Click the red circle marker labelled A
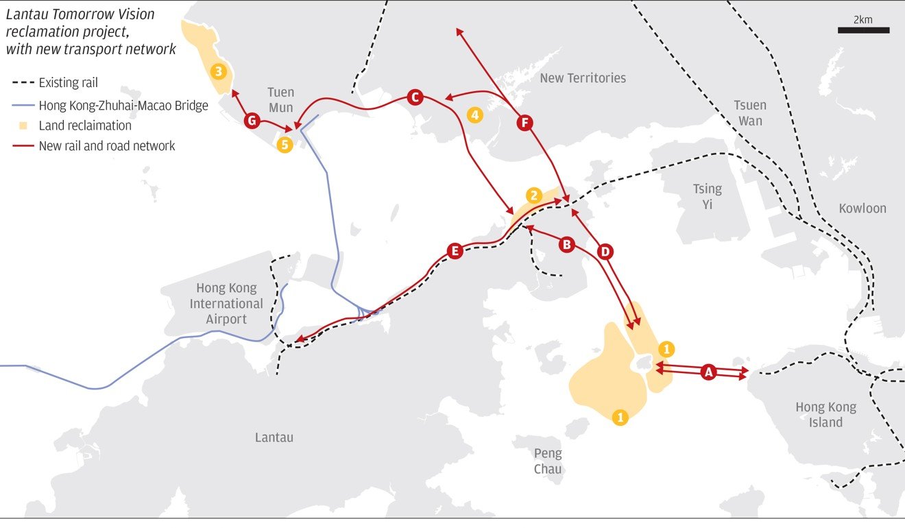pos(709,372)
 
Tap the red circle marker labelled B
pos(566,244)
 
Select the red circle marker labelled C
pos(414,97)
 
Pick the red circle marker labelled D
pos(605,252)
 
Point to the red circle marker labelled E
pos(453,251)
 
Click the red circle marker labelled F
pos(524,123)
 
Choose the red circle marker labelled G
pos(252,121)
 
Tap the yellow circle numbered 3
pos(219,71)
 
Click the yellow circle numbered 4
pos(474,115)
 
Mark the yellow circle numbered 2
pos(534,195)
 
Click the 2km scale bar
pos(863,29)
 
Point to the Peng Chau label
pos(548,461)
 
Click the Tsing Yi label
pos(707,196)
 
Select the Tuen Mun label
pos(280,99)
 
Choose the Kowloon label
pos(862,208)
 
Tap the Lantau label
pos(274,437)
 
